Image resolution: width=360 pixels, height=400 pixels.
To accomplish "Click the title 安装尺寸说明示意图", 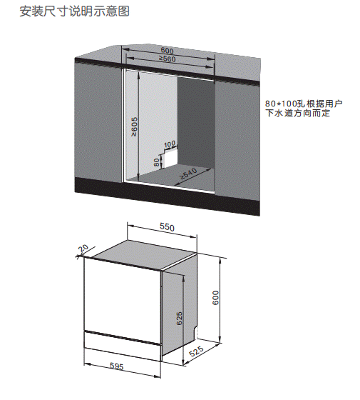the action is pyautogui.click(x=75, y=11).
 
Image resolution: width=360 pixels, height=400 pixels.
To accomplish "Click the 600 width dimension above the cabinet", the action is pyautogui.click(x=167, y=51).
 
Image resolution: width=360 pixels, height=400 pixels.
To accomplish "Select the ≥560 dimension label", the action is pyautogui.click(x=168, y=59).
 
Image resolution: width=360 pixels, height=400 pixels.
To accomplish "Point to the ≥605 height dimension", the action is pyautogui.click(x=134, y=126).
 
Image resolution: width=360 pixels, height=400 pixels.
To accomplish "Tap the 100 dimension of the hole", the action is pyautogui.click(x=170, y=144).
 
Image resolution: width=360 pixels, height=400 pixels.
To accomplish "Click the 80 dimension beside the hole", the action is pyautogui.click(x=157, y=162).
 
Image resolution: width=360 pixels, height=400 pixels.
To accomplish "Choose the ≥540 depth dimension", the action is pyautogui.click(x=189, y=174).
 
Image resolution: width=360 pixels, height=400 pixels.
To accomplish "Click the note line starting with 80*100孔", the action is pyautogui.click(x=304, y=104).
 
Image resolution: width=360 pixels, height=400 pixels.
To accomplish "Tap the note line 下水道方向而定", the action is pyautogui.click(x=298, y=113).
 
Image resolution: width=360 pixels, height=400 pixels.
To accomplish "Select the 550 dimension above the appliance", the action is pyautogui.click(x=167, y=227).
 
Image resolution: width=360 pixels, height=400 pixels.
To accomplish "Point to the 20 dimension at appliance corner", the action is pyautogui.click(x=83, y=249).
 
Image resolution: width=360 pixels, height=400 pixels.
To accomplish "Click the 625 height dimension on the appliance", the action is pyautogui.click(x=179, y=319).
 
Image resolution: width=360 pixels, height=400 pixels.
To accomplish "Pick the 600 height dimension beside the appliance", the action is pyautogui.click(x=215, y=298).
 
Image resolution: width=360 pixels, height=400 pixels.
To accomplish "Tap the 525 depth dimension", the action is pyautogui.click(x=196, y=351).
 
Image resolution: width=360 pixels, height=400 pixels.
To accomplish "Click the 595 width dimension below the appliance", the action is pyautogui.click(x=117, y=366).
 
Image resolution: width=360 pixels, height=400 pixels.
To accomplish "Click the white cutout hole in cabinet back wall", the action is pyautogui.click(x=170, y=157).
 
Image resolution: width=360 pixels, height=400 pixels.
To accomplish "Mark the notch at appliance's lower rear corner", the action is pyautogui.click(x=196, y=333).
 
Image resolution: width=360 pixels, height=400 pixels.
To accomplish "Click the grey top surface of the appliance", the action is pyautogui.click(x=143, y=254).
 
